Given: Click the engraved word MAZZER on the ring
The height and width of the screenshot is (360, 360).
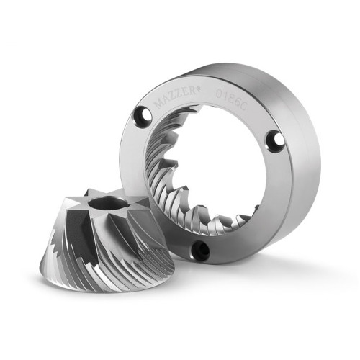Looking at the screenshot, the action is (175, 97).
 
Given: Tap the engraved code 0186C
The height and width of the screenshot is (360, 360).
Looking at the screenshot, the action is (231, 99).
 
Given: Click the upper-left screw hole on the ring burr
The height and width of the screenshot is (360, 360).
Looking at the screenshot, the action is (143, 117).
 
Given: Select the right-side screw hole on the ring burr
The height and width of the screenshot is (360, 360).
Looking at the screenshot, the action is (276, 141).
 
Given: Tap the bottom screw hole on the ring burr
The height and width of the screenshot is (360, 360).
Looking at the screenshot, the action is (200, 250).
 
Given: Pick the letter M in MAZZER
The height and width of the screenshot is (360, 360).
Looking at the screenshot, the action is (158, 104).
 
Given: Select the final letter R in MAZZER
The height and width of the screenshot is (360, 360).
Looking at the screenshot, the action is (194, 91).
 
